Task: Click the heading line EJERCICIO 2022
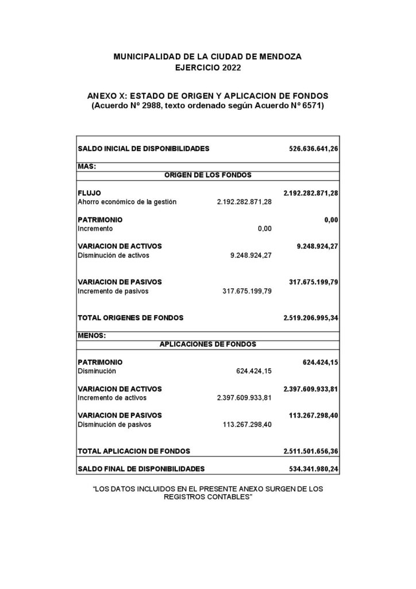207,68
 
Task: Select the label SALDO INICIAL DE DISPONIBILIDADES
143,148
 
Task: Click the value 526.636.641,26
313,148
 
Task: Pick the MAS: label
86,166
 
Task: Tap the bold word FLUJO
89,193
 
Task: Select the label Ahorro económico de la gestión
126,202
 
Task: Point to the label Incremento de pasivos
113,291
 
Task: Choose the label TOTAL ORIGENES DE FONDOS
130,318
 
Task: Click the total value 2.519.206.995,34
310,318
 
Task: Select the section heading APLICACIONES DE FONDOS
207,345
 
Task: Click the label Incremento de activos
112,397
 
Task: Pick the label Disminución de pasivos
114,424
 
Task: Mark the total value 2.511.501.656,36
310,452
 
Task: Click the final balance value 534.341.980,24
313,469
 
